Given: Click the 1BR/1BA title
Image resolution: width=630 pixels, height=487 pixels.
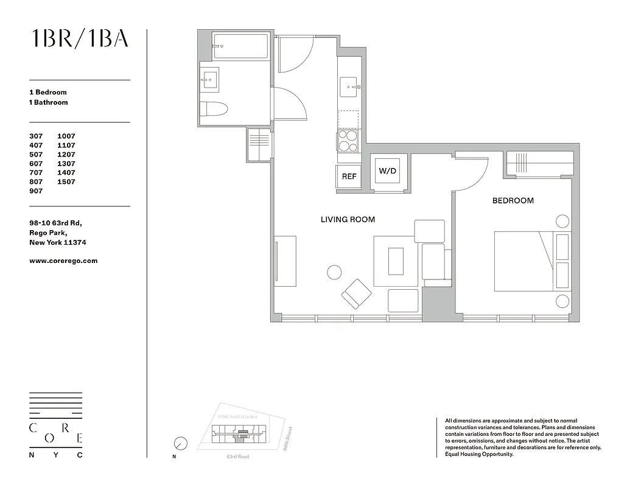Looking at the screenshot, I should tap(80, 38).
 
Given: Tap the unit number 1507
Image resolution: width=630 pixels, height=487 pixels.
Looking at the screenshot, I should tap(66, 182).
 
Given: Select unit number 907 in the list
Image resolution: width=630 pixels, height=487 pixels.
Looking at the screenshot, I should tap(37, 191).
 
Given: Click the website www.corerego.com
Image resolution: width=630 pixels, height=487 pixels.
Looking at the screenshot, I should tap(63, 261).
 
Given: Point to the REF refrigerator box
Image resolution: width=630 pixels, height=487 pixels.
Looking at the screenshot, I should tap(349, 177).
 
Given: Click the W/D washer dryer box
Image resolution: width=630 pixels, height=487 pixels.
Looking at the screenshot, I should tap(388, 171).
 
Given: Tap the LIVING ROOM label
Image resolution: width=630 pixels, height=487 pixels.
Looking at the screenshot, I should tap(348, 220).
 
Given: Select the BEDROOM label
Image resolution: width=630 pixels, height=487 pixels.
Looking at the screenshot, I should tap(513, 201).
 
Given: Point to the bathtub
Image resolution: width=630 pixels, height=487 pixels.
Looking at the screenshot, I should tap(240, 47).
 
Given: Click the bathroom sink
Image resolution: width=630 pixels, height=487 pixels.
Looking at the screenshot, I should tap(211, 79).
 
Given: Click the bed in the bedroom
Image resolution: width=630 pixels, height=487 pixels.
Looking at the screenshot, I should tap(523, 261).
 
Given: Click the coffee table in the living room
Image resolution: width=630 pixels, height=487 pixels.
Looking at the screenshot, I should tap(396, 261).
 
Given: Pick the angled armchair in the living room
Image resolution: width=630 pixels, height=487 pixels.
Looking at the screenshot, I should tap(357, 294).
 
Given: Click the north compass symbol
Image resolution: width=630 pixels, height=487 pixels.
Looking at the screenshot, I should tap(180, 443).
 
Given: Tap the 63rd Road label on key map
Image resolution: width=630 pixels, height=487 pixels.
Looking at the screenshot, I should tap(237, 457).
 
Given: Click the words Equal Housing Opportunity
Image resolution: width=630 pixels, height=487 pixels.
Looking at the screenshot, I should tap(480, 454).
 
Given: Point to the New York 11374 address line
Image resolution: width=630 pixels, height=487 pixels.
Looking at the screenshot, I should tap(57, 242).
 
